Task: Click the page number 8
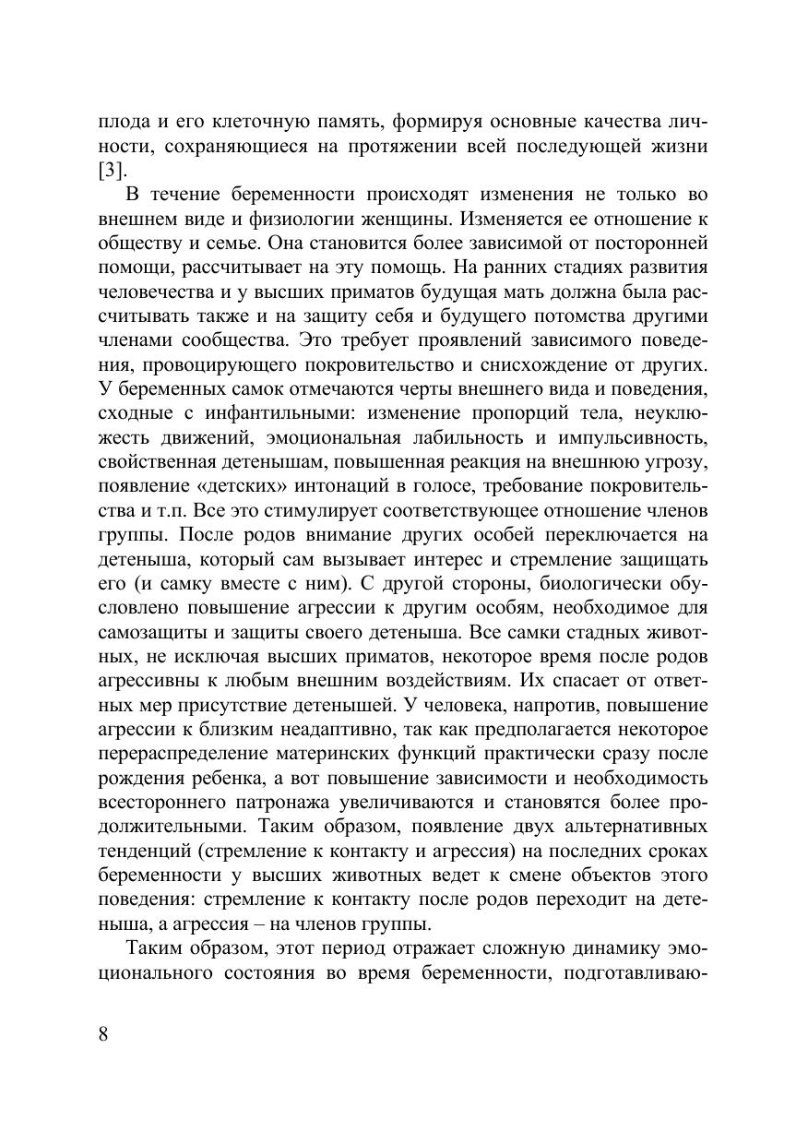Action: coord(103,1032)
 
